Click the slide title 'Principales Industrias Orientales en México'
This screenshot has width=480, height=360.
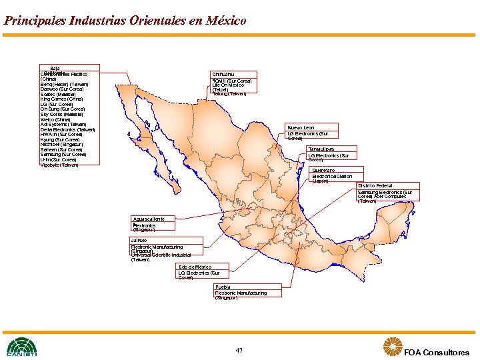pos(125,21)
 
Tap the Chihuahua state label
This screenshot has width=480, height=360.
pos(223,73)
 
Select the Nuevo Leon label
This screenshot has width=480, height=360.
pos(301,127)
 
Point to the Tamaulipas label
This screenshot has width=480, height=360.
pos(321,149)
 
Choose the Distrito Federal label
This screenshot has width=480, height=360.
pos(375,185)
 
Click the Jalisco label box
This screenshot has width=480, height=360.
pos(139,240)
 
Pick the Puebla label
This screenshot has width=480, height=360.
pos(222,287)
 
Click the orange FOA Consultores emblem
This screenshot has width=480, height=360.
pos(392,347)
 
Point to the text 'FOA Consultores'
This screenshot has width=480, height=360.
pos(436,353)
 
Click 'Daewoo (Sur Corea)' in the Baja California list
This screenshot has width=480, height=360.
pos(62,89)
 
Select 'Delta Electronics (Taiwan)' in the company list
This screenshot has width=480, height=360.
pos(67,129)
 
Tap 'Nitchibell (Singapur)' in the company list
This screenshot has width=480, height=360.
pos(61,144)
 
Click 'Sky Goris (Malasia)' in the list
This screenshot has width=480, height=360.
pos(62,114)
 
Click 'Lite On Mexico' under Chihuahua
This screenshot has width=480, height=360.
pos(228,85)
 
